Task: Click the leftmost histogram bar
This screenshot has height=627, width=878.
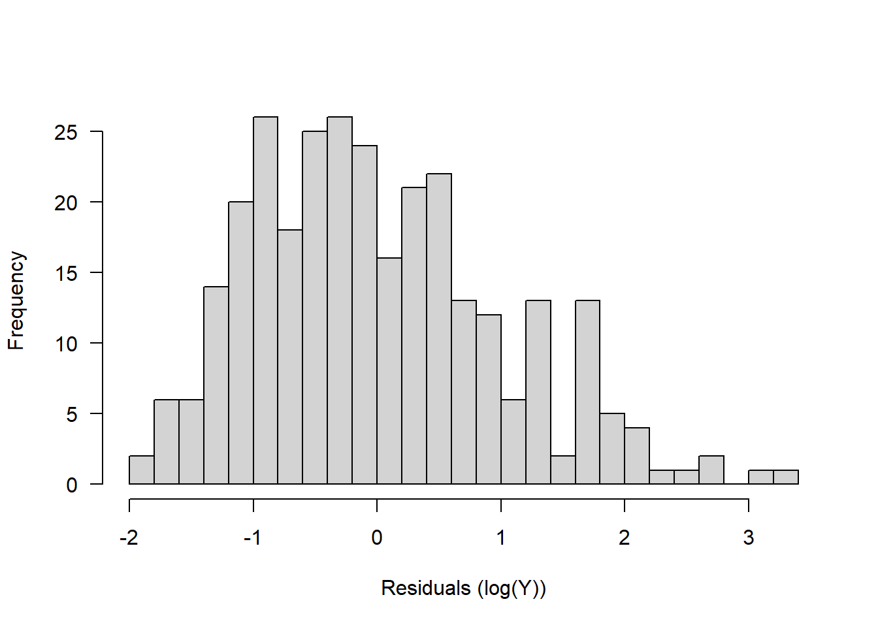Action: (142, 470)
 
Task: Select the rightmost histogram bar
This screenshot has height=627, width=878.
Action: (786, 477)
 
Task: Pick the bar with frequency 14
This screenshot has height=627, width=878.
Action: (216, 385)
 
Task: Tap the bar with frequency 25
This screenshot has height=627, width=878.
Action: (315, 307)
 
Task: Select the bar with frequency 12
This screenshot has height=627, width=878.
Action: (489, 399)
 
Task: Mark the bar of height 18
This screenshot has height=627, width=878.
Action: (290, 357)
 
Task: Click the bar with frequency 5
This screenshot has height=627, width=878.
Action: (612, 449)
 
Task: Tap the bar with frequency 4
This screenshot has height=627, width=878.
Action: (637, 456)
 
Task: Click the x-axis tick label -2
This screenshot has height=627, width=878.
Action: (129, 538)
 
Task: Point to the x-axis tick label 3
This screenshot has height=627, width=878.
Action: (749, 538)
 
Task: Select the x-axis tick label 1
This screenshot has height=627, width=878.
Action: (501, 538)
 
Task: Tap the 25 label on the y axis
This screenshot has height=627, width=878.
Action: (66, 133)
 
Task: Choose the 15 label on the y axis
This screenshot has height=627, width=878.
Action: (66, 273)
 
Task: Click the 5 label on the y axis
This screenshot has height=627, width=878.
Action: (71, 415)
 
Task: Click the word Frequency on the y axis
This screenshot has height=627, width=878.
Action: (16, 300)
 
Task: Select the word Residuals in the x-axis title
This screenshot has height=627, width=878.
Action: (426, 588)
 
